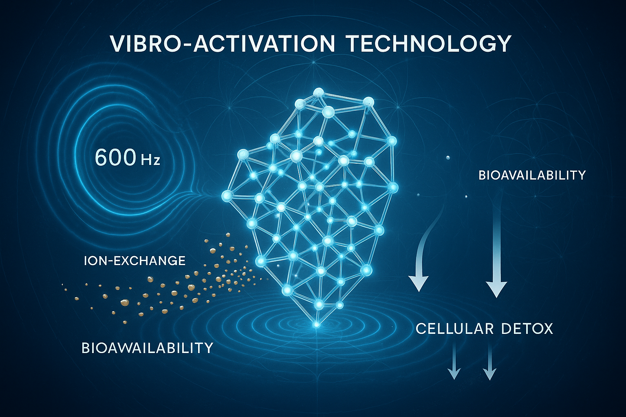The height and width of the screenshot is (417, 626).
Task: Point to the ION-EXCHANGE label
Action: click(134, 261)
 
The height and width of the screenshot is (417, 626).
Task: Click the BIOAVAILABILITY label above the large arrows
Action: click(532, 175)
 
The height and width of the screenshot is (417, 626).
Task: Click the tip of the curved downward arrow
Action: click(419, 292)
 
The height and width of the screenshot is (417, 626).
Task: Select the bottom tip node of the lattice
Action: click(316, 324)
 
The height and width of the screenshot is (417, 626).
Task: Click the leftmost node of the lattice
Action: click(227, 196)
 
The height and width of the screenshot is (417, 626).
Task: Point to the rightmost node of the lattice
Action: click(393, 187)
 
